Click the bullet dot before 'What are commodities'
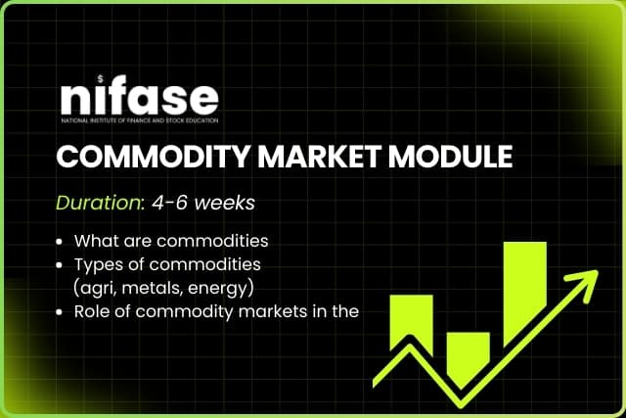(x=62, y=241)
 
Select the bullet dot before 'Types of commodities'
(x=62, y=264)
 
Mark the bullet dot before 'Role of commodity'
(x=62, y=312)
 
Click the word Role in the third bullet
(x=92, y=312)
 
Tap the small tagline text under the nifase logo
(x=138, y=121)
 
